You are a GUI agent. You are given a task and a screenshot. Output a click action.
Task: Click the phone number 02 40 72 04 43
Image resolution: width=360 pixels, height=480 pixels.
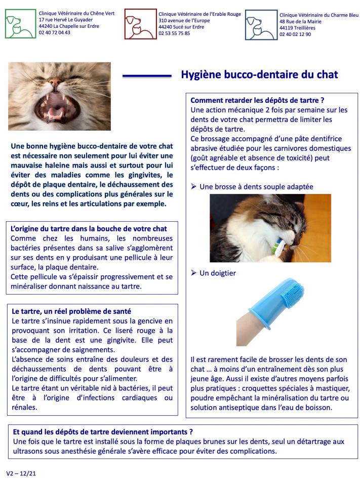point(55,32)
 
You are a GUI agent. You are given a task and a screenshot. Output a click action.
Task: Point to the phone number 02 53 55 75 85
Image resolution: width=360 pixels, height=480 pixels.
point(175,33)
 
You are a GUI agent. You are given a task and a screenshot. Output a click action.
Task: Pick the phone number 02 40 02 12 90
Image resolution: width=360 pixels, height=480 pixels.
point(295,34)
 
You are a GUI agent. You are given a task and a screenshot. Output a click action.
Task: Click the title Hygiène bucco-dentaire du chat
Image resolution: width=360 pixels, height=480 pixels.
point(259,75)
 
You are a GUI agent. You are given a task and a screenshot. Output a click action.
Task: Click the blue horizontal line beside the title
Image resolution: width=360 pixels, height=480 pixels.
point(147,76)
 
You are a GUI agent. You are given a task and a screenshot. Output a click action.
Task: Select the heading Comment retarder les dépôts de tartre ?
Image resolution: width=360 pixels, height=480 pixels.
point(257,100)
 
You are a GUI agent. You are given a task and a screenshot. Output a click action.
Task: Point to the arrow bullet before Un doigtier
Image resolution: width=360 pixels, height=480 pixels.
point(193,273)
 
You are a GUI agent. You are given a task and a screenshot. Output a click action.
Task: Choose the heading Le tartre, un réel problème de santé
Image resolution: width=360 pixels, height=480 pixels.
point(74,311)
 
